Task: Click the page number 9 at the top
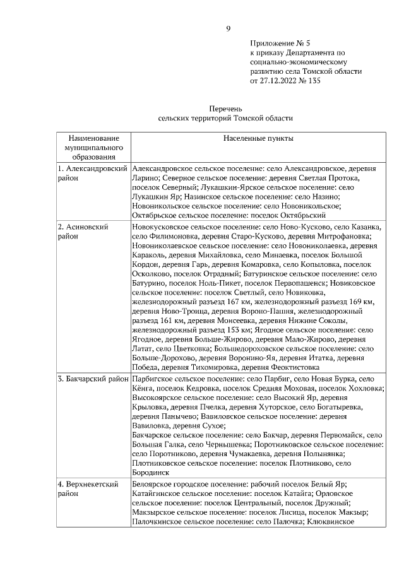pyautogui.click(x=229, y=28)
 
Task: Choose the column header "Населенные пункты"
pyautogui.click(x=258, y=138)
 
